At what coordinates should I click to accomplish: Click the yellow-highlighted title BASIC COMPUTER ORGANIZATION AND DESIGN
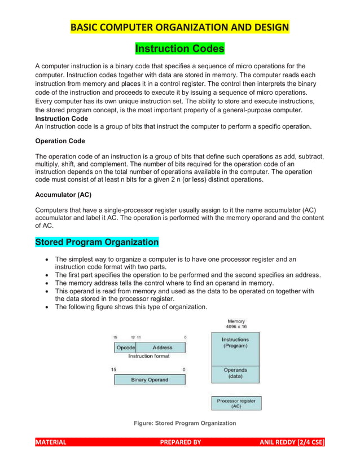pos(179,27)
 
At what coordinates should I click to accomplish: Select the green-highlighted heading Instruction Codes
pos(179,49)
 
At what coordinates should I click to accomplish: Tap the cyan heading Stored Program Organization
pos(96,242)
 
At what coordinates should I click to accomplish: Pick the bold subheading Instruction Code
pos(62,119)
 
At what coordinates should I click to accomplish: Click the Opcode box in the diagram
pos(125,348)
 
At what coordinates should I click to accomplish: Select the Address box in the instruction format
pos(162,348)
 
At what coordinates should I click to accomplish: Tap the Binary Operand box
pos(150,380)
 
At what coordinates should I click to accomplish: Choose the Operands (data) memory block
pos(235,373)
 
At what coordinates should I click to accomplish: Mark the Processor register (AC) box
pos(236,403)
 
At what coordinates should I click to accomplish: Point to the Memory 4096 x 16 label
pos(236,324)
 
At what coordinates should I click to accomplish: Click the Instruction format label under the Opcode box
pos(149,357)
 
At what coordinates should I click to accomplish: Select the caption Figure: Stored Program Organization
pos(185,423)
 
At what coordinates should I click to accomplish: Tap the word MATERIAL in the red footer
pos(51,442)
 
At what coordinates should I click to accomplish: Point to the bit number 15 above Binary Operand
pos(114,370)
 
